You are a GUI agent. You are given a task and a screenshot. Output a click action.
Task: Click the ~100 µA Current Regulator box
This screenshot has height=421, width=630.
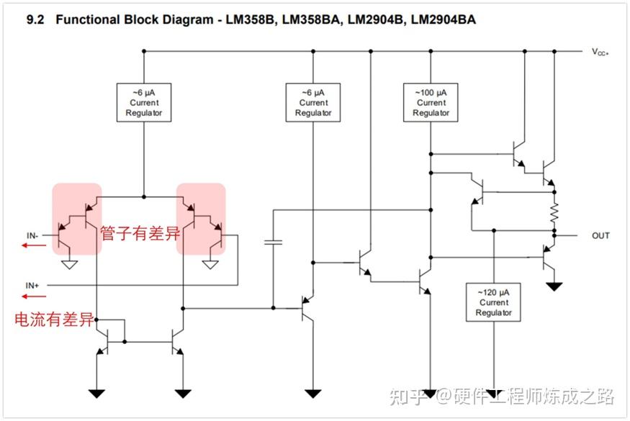pos(431,102)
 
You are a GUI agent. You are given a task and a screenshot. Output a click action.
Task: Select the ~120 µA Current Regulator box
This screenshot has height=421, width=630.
pos(493,302)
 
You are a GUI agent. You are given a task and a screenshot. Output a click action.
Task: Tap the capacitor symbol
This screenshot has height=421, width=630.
pos(273,242)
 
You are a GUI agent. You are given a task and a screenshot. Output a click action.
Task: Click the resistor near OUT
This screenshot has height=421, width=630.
pos(554,212)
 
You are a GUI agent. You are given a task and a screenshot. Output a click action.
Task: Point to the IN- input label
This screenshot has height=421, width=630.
pos(32,235)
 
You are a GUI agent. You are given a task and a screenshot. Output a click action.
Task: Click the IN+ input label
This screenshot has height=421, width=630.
pos(32,285)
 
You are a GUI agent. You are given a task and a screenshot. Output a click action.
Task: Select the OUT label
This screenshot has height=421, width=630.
pos(600,236)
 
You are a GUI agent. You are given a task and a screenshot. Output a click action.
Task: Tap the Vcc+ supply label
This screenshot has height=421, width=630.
pos(600,52)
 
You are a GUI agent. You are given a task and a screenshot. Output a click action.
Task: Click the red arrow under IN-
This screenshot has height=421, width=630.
pos(34,245)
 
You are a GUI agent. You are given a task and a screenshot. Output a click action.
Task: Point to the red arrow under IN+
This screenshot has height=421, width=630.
pos(34,296)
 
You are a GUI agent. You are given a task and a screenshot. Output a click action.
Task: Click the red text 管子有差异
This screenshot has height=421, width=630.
pos(140,233)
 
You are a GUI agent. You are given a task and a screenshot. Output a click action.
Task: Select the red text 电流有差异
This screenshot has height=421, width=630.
pos(54,320)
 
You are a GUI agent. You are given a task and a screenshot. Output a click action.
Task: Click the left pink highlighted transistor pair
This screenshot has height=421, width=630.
pos(77,219)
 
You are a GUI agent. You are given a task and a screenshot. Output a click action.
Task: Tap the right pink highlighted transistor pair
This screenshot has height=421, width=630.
pos(201,219)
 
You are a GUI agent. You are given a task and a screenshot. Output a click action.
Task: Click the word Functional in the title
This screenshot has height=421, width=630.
pos(88,19)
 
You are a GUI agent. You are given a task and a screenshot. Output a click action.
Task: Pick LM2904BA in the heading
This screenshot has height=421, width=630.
pos(443,19)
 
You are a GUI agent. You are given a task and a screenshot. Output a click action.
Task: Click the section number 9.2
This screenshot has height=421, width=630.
pos(35,19)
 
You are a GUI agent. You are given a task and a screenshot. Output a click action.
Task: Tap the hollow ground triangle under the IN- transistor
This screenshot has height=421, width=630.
pos(70,265)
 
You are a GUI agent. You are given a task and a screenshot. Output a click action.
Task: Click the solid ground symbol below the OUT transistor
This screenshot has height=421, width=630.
pos(554,286)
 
